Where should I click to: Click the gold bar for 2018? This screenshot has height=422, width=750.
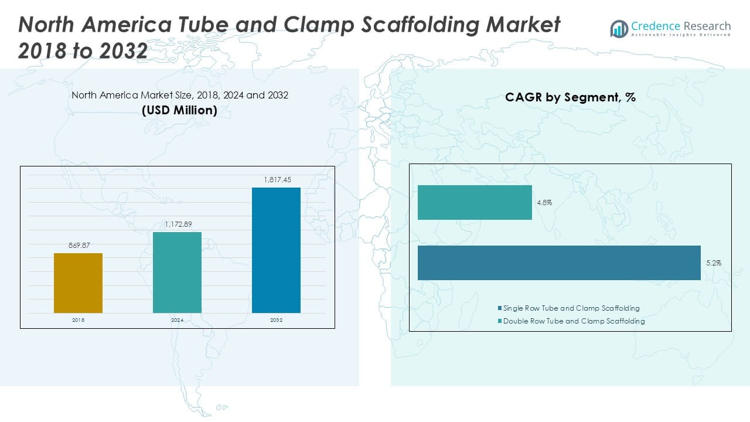78,283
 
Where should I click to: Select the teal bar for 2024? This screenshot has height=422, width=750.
177,273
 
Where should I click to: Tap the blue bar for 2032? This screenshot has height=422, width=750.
276,250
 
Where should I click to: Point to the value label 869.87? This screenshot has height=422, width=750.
78,245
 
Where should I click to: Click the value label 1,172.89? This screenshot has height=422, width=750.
177,224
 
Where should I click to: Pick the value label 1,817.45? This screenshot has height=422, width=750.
276,179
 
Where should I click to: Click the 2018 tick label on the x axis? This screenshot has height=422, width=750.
78,321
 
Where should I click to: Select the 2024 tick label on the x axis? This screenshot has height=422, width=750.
177,321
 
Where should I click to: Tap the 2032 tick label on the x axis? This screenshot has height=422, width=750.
276,321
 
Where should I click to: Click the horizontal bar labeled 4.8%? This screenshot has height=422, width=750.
475,203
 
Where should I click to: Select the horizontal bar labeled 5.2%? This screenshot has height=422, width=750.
559,263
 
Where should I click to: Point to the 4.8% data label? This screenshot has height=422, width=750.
544,203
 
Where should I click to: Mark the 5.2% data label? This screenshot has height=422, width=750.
713,263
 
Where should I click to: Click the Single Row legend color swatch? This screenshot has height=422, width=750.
499,308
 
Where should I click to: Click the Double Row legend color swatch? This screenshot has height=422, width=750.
499,321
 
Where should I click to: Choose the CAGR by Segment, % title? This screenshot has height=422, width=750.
570,98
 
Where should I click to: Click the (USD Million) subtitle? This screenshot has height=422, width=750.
179,110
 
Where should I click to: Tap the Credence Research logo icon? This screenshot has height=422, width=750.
619,29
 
